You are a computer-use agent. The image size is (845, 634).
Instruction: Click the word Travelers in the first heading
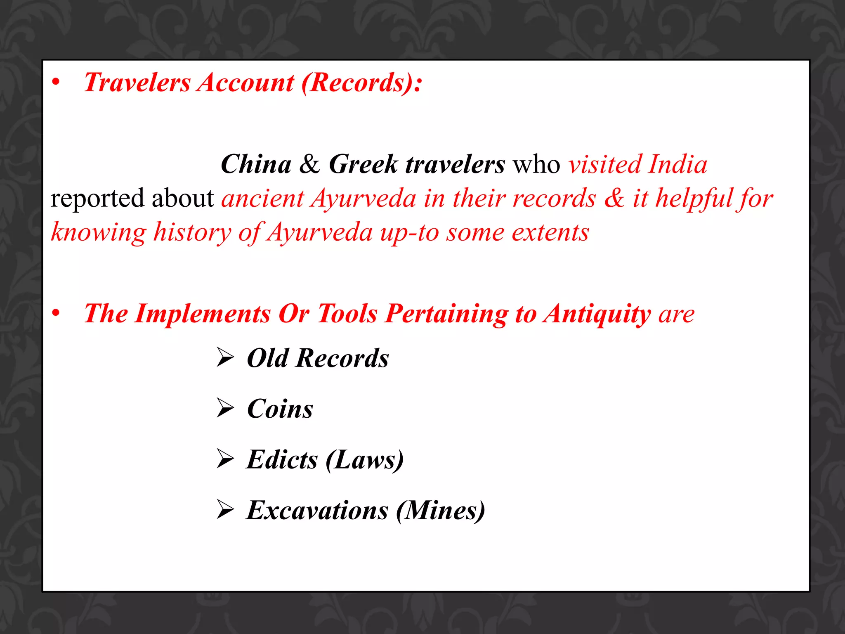(x=137, y=83)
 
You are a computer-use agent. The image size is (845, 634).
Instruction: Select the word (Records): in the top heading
(x=362, y=83)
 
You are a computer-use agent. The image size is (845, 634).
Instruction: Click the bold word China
(x=256, y=164)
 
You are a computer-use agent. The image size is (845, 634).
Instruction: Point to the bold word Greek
(x=363, y=164)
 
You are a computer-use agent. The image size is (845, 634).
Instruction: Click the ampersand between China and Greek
(x=309, y=164)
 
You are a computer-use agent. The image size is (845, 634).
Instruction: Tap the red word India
(x=677, y=164)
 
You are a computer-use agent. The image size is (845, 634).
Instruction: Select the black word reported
(x=97, y=199)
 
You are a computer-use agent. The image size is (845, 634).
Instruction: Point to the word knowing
(x=98, y=232)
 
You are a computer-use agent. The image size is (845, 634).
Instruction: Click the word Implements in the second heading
(x=203, y=314)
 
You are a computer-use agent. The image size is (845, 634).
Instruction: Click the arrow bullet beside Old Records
(x=225, y=357)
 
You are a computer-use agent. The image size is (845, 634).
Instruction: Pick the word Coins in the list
(x=280, y=409)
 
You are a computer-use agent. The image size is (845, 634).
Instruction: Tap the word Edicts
(x=282, y=459)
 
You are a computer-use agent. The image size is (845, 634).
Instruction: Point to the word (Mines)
(x=440, y=511)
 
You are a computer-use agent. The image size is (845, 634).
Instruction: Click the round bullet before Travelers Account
(x=56, y=82)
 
